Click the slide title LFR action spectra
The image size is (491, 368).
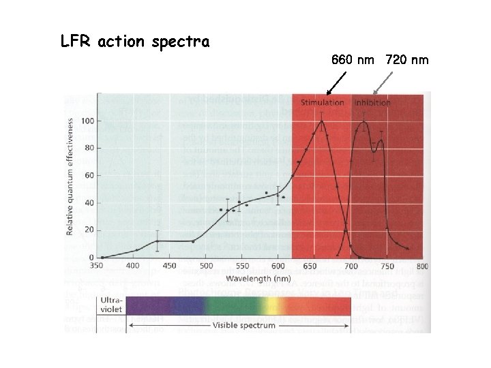pyautogui.click(x=135, y=42)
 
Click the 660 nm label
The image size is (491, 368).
pyautogui.click(x=353, y=60)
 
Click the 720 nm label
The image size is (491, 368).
pyautogui.click(x=407, y=60)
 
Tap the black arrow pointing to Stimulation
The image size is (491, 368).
pyautogui.click(x=334, y=83)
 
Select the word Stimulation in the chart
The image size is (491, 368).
pyautogui.click(x=323, y=103)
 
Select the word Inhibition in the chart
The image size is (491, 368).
pyautogui.click(x=372, y=103)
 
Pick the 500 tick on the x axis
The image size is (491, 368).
pyautogui.click(x=205, y=266)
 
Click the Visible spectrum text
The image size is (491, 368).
pyautogui.click(x=244, y=326)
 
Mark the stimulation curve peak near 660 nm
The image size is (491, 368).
pyautogui.click(x=322, y=121)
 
